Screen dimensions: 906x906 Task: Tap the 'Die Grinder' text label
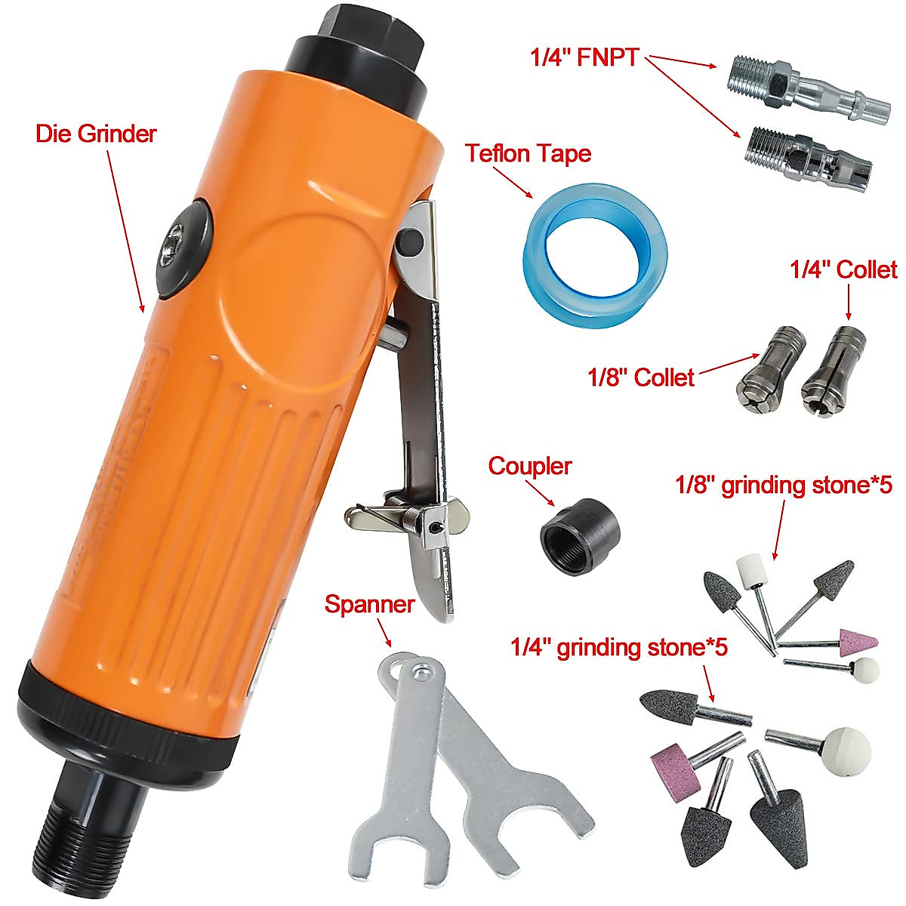click(96, 134)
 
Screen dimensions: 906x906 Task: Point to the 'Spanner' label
click(370, 604)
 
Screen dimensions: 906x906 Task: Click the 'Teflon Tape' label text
click(528, 153)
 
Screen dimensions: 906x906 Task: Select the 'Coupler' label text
click(529, 466)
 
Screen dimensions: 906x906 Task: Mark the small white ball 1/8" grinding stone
click(865, 669)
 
